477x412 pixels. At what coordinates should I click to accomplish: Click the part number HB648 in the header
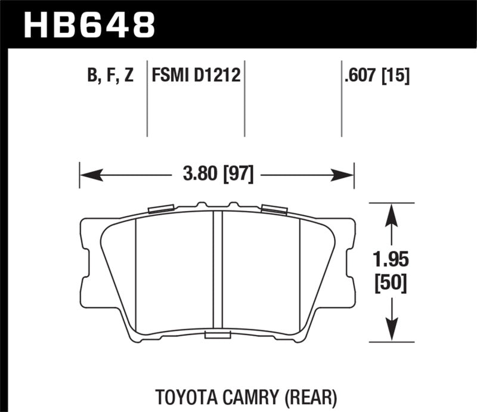88,24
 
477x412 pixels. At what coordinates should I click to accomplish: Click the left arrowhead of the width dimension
88,175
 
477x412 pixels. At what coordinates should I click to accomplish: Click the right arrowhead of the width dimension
347,175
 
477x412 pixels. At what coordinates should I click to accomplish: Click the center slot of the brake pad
218,272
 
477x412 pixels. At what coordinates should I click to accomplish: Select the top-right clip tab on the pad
274,209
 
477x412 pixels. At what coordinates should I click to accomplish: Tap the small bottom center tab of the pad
218,336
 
